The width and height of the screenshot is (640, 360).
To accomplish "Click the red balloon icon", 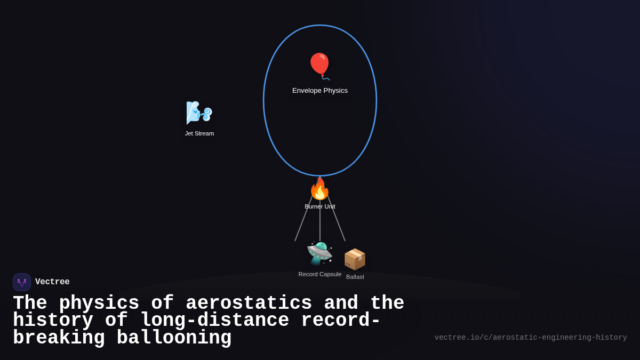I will pos(320,65).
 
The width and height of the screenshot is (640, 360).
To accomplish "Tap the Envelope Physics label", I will pos(320,91).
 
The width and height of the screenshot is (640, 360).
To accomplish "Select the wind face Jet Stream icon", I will pos(199,113).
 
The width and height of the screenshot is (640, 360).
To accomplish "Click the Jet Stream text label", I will pos(199,133).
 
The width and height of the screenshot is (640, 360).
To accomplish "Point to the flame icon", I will pos(320,189).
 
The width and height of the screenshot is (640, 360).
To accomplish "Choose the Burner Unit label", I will pos(320,206).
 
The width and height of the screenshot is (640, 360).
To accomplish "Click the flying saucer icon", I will pos(320,253).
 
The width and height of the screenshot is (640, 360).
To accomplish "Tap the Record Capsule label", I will pos(320,274).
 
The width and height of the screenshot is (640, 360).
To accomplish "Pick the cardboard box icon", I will pos(355,259).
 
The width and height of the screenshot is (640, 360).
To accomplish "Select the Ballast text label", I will pos(355,277).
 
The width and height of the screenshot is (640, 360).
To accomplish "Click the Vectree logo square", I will pos(22,282).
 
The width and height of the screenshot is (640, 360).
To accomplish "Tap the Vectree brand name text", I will pos(52,282).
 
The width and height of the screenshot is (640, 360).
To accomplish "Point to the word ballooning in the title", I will pos(174,338).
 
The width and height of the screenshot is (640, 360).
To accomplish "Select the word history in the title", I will pos(53,321).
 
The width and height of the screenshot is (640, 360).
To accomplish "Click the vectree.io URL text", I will pos(531,338).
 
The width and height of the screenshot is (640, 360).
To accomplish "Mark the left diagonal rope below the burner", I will pos(303,220).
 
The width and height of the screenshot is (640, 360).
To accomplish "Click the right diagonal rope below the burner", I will pos(337,220).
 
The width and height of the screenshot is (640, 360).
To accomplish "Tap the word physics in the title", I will pos(99,303).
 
